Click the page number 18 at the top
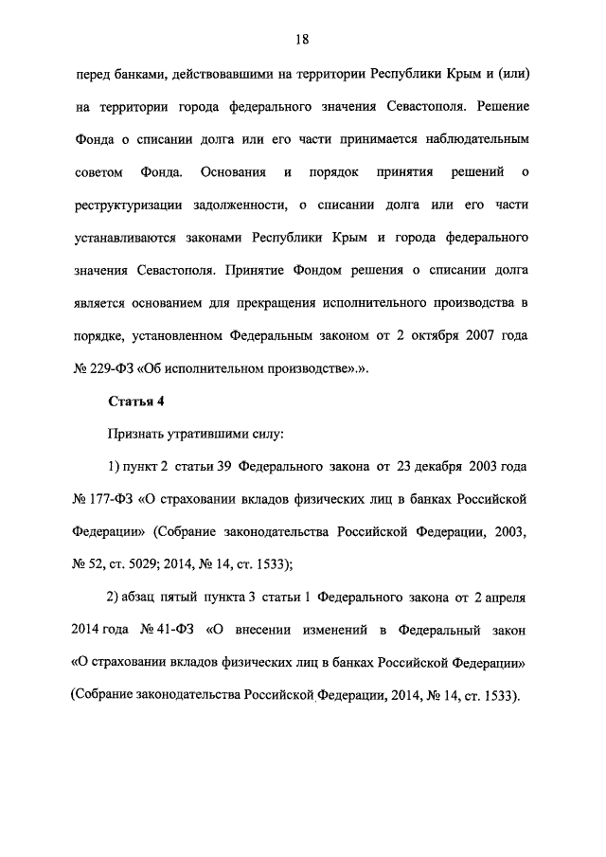[302, 39]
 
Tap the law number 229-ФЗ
[112, 368]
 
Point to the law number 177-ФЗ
[112, 498]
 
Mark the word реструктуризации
[131, 205]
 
